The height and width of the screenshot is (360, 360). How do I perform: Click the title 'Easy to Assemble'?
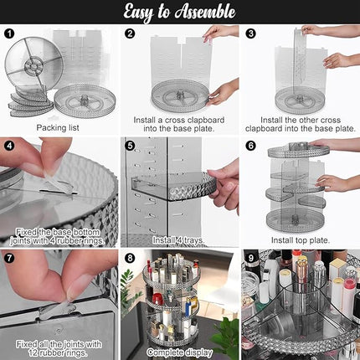(179, 12)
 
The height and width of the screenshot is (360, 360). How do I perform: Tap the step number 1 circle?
(10, 34)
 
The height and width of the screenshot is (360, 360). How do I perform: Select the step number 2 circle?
(130, 34)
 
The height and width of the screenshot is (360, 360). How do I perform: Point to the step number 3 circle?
(249, 34)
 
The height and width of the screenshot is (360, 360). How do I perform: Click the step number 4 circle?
(10, 145)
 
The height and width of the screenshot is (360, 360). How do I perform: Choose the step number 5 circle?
(130, 145)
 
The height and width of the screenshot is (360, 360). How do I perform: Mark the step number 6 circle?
(250, 145)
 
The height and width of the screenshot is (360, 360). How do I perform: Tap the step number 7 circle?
(10, 256)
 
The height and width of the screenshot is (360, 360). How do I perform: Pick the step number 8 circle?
(130, 256)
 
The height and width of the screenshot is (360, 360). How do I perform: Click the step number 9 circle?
(250, 256)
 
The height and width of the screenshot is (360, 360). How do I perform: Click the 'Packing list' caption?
(58, 127)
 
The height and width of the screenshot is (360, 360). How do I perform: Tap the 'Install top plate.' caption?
(299, 240)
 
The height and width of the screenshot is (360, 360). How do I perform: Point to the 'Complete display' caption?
(177, 352)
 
